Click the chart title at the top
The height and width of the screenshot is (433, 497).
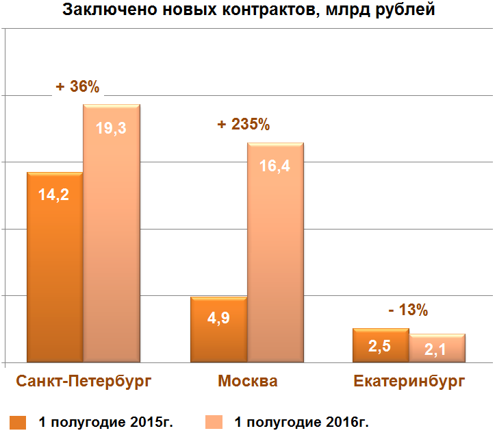249,10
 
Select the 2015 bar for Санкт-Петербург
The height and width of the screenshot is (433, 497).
54,267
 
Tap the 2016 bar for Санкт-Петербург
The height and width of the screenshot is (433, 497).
112,233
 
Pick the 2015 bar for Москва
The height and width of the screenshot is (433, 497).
218,329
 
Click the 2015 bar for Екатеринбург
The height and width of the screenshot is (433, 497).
381,345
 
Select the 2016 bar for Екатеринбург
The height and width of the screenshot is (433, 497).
437,348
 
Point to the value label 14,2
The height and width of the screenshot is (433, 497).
54,194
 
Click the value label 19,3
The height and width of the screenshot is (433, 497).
111,127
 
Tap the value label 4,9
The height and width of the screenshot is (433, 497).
218,319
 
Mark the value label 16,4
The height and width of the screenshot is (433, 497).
275,166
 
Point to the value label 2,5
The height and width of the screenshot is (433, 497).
379,347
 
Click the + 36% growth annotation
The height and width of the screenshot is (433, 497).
78,87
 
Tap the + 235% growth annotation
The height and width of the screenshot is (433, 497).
243,125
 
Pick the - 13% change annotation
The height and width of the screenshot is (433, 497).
407,310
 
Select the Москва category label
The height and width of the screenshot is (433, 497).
248,381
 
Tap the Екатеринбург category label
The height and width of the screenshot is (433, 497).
409,381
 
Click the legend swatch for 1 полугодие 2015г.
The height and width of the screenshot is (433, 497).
18,421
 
